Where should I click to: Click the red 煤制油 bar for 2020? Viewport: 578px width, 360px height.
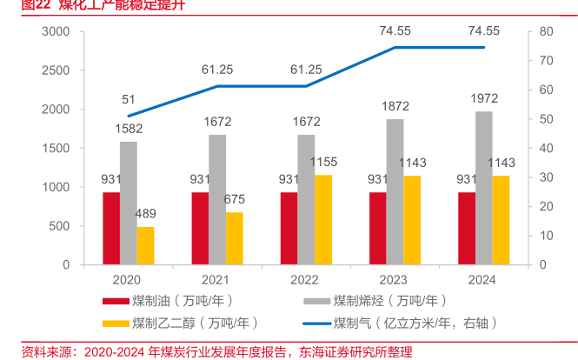point(111,228)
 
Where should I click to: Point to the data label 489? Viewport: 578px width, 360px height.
point(145,215)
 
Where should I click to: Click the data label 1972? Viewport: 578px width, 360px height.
point(483,98)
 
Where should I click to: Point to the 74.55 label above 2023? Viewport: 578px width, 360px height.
point(395,31)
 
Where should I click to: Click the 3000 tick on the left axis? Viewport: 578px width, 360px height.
point(56,32)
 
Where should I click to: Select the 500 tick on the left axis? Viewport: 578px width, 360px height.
point(59,226)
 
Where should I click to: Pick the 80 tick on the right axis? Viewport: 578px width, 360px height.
point(546,32)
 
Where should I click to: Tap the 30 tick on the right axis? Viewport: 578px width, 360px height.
point(546,177)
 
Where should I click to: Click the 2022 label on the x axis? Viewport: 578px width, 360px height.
point(305,280)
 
